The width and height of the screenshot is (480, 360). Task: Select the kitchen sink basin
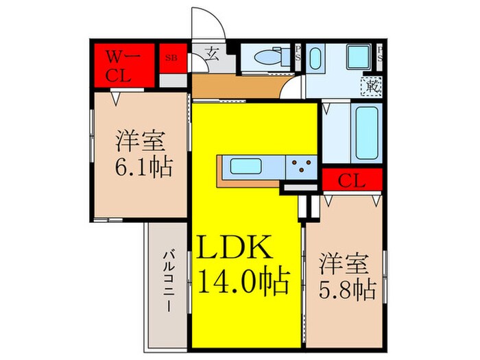pyautogui.click(x=245, y=167)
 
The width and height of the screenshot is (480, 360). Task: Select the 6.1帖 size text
pyautogui.click(x=143, y=167)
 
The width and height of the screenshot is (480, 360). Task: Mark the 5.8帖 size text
pyautogui.click(x=347, y=289)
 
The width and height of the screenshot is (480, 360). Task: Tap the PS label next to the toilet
pyautogui.click(x=298, y=53)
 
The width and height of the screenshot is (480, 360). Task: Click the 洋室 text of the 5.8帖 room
pyautogui.click(x=346, y=262)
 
